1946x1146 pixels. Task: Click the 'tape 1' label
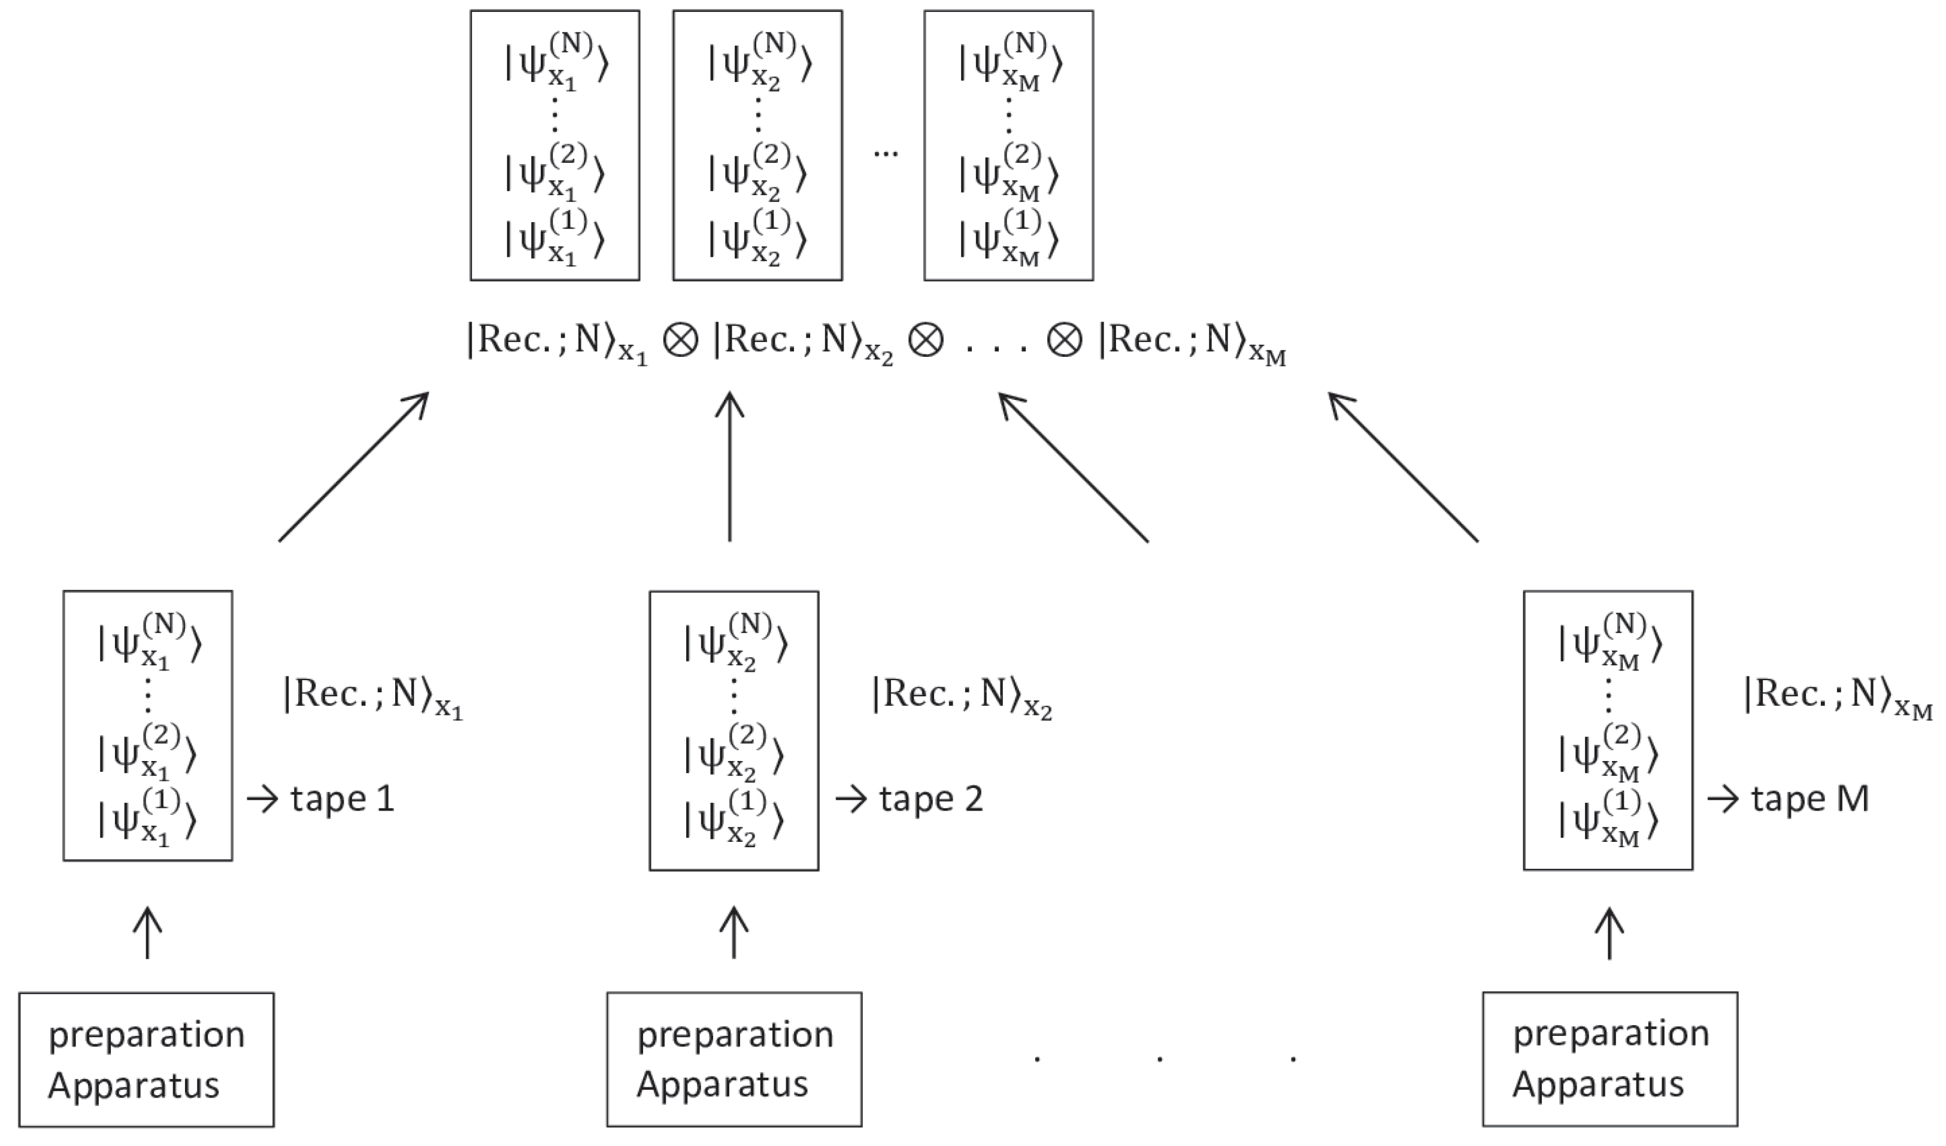(x=342, y=799)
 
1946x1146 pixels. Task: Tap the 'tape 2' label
(x=930, y=799)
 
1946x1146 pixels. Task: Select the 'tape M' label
(x=1809, y=799)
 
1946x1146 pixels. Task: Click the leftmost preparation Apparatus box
(x=147, y=1060)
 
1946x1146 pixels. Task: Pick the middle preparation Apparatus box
(x=733, y=1060)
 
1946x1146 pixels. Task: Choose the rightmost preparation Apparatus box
(x=1610, y=1060)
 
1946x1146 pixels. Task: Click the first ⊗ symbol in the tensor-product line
(x=680, y=341)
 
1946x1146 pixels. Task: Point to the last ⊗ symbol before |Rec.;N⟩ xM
(x=1063, y=341)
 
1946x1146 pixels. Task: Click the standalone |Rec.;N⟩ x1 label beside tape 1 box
(x=373, y=696)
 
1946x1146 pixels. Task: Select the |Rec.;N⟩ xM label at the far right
(x=1836, y=696)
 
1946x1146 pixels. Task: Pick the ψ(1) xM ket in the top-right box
(x=1008, y=237)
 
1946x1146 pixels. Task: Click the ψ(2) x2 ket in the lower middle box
(x=733, y=751)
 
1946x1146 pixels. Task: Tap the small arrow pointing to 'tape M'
(x=1722, y=799)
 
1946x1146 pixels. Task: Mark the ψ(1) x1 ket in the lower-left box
(x=147, y=818)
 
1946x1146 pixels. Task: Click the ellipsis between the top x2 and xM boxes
(x=885, y=153)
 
